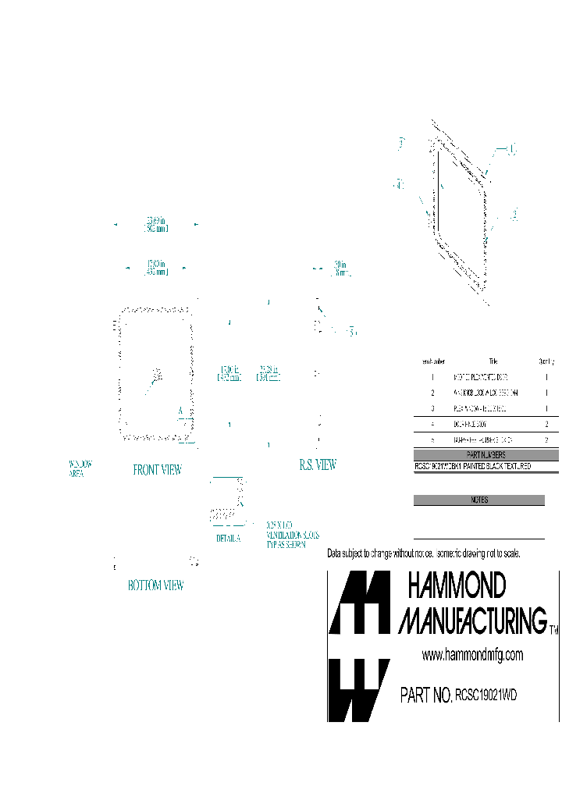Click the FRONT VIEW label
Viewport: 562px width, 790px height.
[x=157, y=470]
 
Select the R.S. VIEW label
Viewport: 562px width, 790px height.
[x=318, y=464]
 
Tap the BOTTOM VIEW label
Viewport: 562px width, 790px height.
[x=156, y=585]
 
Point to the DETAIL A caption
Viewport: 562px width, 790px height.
[x=229, y=539]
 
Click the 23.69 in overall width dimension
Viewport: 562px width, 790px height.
[x=156, y=225]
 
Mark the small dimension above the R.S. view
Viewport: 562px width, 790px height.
[x=340, y=269]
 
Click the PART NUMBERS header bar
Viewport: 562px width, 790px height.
[x=486, y=455]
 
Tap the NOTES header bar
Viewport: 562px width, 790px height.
[x=478, y=500]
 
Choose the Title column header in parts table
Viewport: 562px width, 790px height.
[x=493, y=361]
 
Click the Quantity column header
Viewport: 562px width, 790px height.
[x=546, y=361]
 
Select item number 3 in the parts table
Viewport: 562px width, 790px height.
[x=432, y=408]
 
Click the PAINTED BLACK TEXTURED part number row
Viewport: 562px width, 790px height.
[x=473, y=466]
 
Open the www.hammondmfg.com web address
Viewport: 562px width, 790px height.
[x=472, y=655]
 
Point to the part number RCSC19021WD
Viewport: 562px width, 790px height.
[x=487, y=695]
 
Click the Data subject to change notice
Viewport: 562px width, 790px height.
[x=423, y=553]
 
